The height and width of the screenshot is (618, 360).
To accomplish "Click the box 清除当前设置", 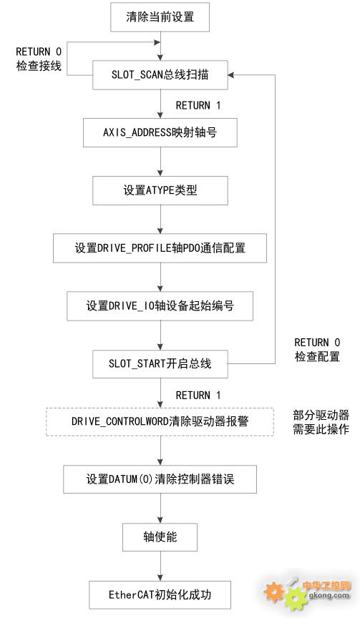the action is pyautogui.click(x=160, y=17).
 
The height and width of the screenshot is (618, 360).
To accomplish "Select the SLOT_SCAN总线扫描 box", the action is pyautogui.click(x=160, y=75).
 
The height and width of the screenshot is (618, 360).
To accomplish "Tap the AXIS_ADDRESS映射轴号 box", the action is pyautogui.click(x=160, y=132).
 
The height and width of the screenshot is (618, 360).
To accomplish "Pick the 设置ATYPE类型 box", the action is pyautogui.click(x=160, y=190).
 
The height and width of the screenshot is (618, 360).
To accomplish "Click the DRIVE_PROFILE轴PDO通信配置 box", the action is pyautogui.click(x=160, y=248).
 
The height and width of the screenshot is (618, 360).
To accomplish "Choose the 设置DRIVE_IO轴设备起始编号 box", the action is pyautogui.click(x=160, y=306).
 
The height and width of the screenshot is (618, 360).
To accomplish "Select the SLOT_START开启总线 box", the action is pyautogui.click(x=160, y=364).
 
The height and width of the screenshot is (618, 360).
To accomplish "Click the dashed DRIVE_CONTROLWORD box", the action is pyautogui.click(x=160, y=421).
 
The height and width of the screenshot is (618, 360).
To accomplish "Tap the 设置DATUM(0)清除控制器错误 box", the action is pyautogui.click(x=160, y=479).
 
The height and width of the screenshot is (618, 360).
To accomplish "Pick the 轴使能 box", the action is pyautogui.click(x=160, y=536).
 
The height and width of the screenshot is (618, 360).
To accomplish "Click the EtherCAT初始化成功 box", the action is pyautogui.click(x=160, y=594).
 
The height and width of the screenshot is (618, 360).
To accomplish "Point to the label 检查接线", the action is pyautogui.click(x=39, y=66).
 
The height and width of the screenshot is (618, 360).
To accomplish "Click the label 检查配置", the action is pyautogui.click(x=317, y=356).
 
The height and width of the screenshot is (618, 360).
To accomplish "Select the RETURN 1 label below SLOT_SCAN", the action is pyautogui.click(x=198, y=105).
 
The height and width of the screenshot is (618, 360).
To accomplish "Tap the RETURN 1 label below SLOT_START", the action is pyautogui.click(x=198, y=395).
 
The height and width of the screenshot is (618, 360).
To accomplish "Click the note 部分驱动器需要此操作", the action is pyautogui.click(x=321, y=422).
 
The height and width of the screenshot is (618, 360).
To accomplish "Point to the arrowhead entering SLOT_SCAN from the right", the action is pyautogui.click(x=231, y=75).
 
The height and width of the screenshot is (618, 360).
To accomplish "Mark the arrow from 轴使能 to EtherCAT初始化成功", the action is pyautogui.click(x=160, y=566).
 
